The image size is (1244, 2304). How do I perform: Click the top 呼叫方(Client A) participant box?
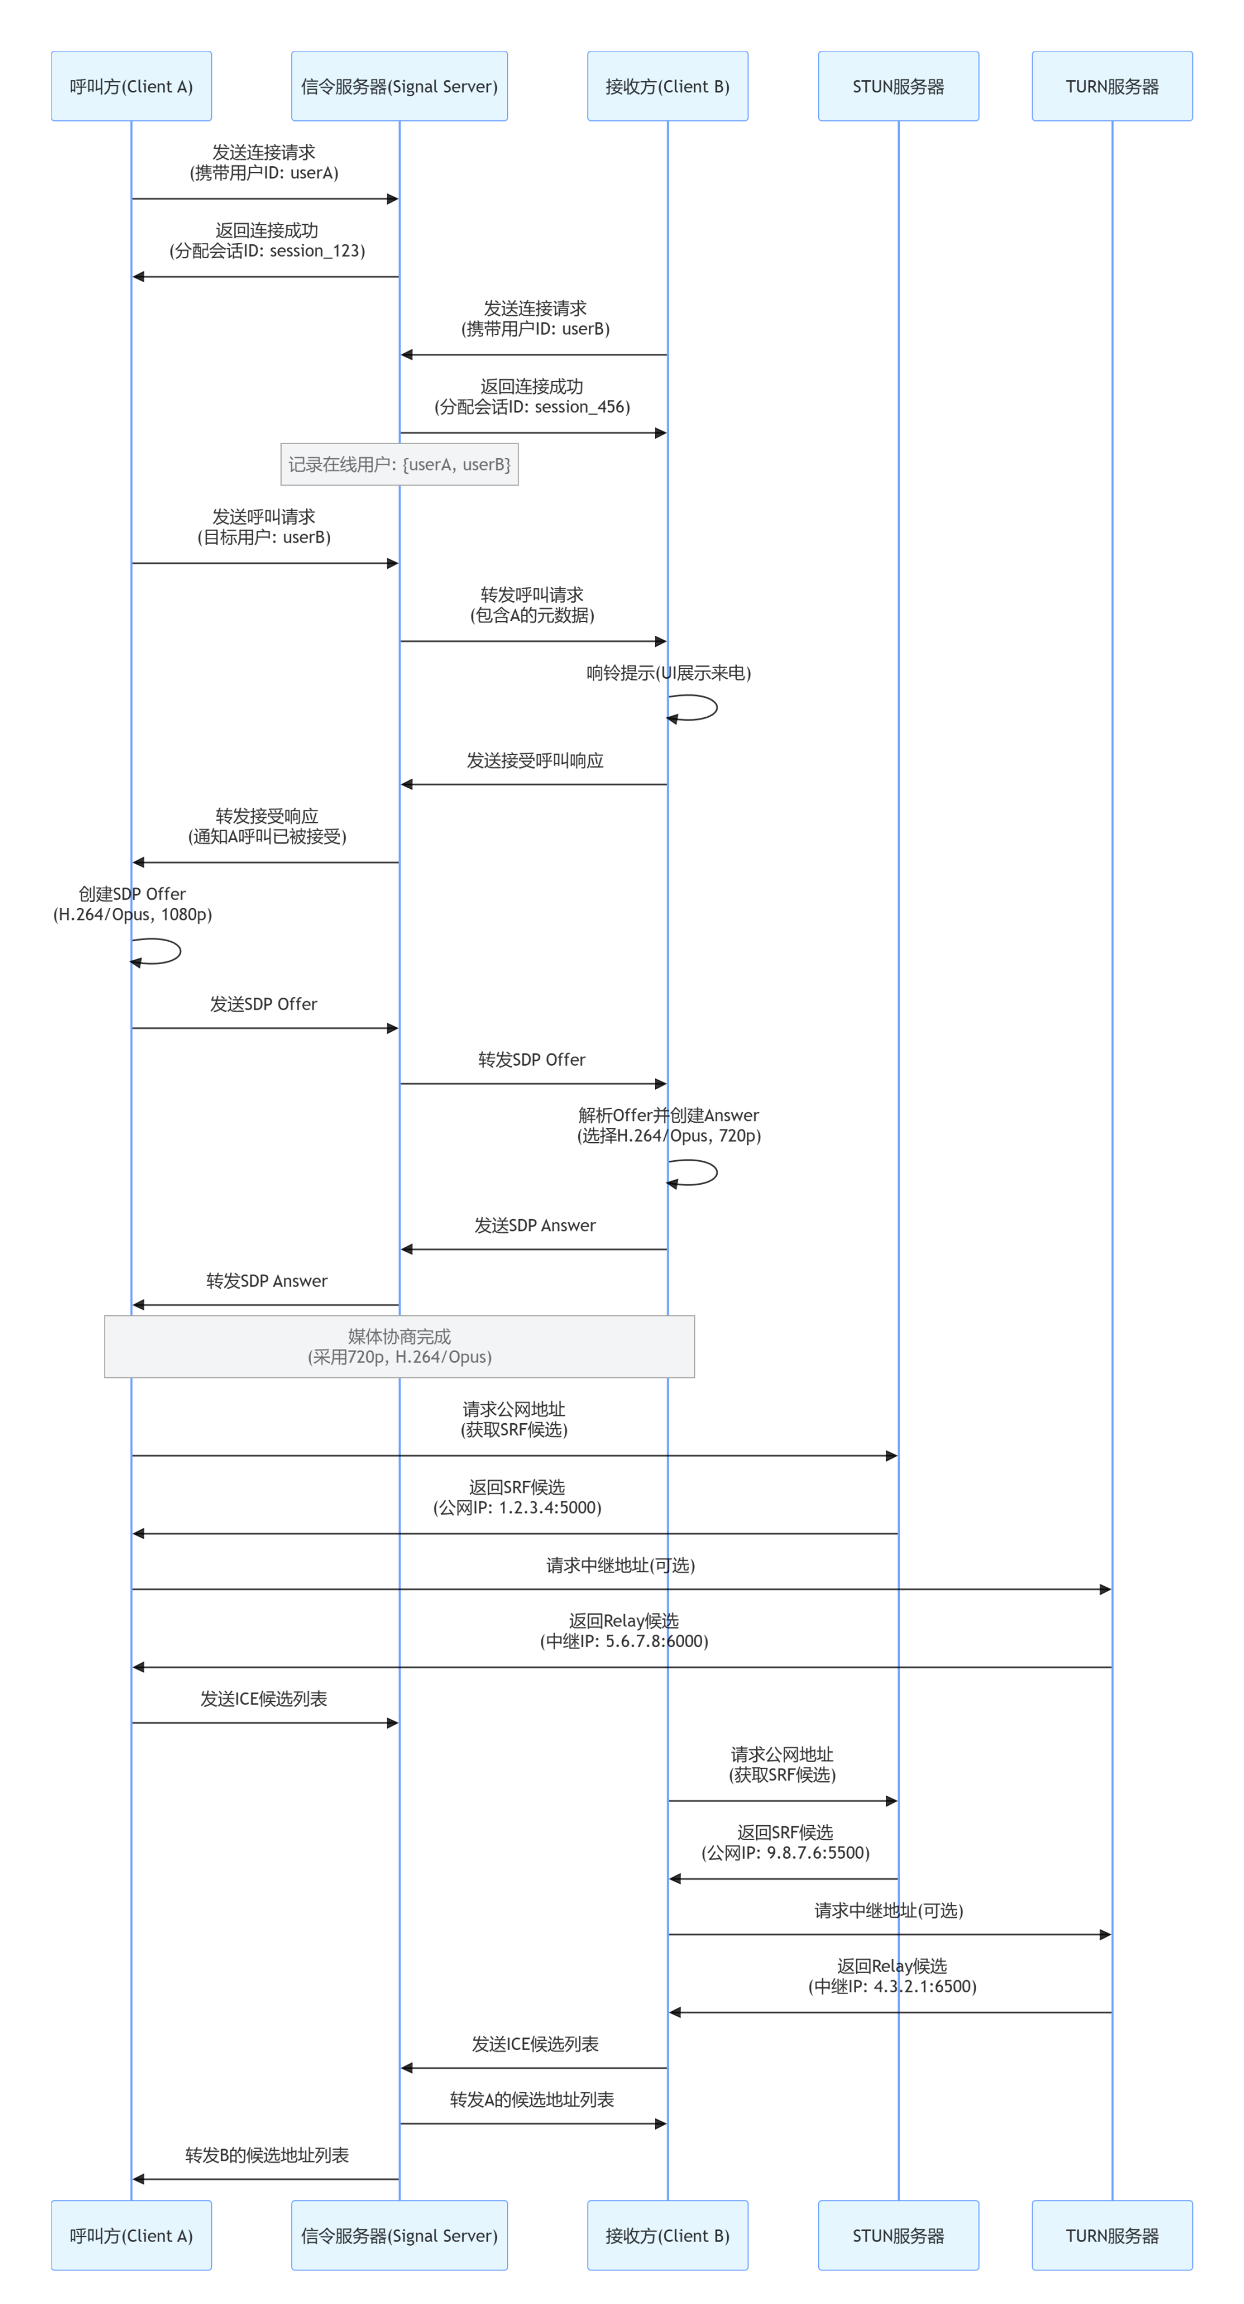point(131,86)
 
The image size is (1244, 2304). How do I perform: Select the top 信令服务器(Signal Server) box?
point(399,86)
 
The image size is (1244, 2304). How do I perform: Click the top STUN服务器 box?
point(898,86)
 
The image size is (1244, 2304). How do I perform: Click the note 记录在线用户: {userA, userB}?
point(399,464)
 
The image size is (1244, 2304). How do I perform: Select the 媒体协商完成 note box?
point(399,1346)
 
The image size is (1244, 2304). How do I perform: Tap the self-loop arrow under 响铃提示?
point(717,708)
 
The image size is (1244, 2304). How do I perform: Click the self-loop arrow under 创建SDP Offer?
point(180,951)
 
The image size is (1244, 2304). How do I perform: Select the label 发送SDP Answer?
point(535,1225)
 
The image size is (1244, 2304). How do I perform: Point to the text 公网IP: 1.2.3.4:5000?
point(517,1508)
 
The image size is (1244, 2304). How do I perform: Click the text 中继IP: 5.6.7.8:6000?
point(624,1641)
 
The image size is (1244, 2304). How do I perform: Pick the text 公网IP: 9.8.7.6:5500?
point(785,1852)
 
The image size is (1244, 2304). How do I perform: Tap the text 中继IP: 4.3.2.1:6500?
point(892,1987)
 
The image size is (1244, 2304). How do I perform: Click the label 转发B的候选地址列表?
point(267,2155)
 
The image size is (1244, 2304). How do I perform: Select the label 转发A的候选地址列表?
point(532,2100)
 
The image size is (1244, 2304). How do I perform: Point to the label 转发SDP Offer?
point(532,1060)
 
